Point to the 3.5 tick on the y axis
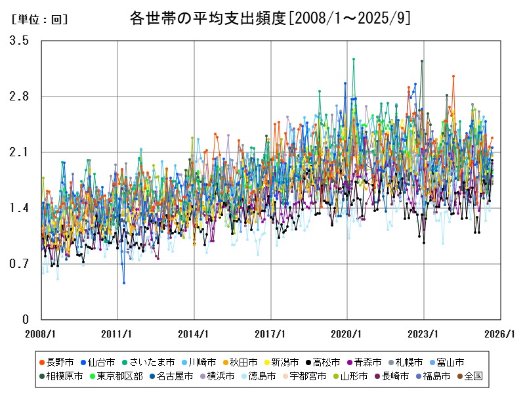click(x=19, y=41)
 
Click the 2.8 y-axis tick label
click(x=19, y=97)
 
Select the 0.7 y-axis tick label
click(x=19, y=264)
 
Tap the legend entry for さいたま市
click(x=148, y=362)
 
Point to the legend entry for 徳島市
click(x=257, y=376)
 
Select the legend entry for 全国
click(x=468, y=376)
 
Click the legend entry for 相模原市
click(x=64, y=376)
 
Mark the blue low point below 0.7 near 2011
click(x=123, y=283)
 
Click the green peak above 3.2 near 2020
click(x=354, y=58)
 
